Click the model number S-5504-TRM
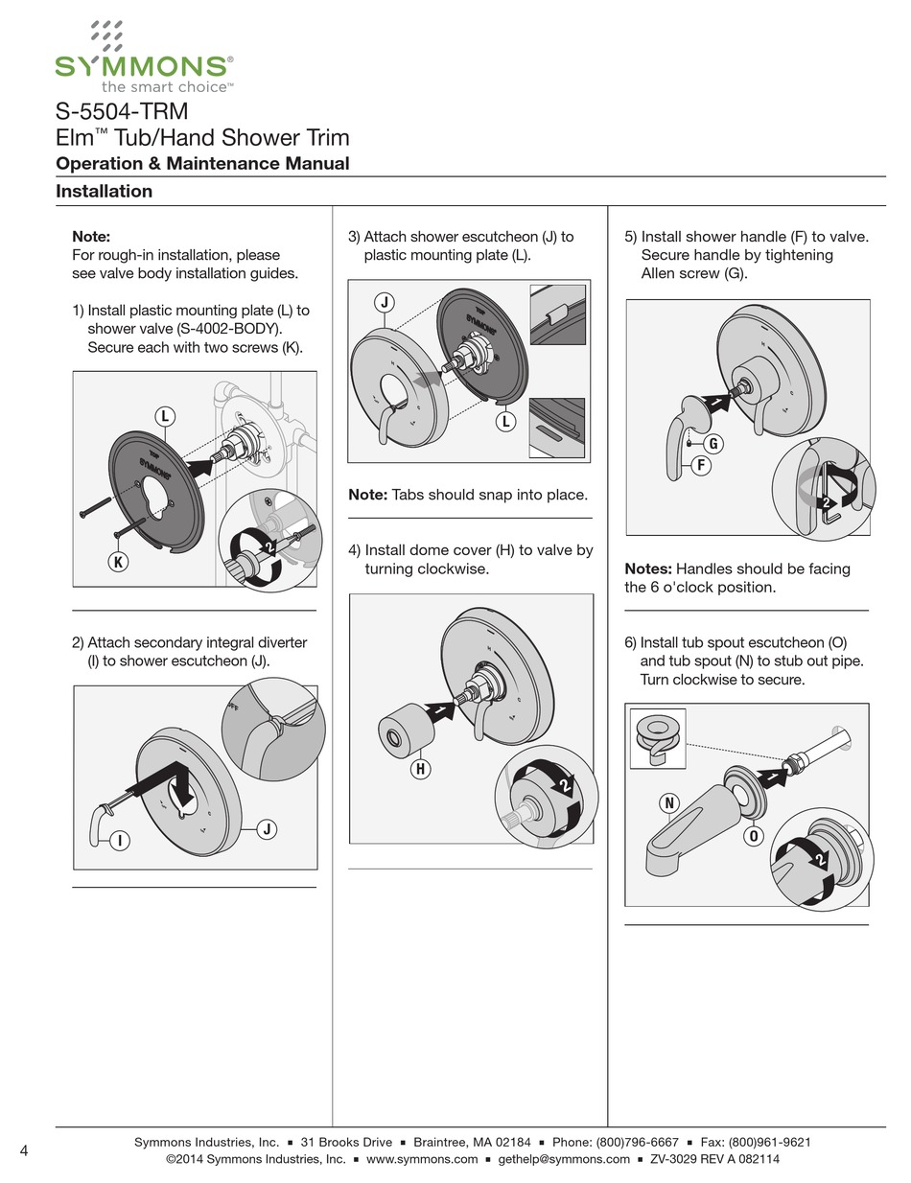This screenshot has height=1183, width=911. click(x=122, y=111)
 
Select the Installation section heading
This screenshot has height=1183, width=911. click(x=104, y=191)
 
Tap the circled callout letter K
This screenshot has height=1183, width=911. click(x=117, y=563)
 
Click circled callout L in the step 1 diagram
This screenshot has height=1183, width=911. click(x=165, y=415)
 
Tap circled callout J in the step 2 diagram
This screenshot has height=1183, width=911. click(x=267, y=830)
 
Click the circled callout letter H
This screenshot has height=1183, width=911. click(x=420, y=768)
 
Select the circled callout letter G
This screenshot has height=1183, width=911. click(x=713, y=444)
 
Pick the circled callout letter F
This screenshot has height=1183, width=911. click(x=701, y=466)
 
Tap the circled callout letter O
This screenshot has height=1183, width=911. click(x=755, y=835)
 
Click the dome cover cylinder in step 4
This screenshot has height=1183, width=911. click(x=404, y=727)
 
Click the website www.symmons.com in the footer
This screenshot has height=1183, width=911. click(x=422, y=1159)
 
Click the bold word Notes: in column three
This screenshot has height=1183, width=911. click(x=647, y=568)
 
